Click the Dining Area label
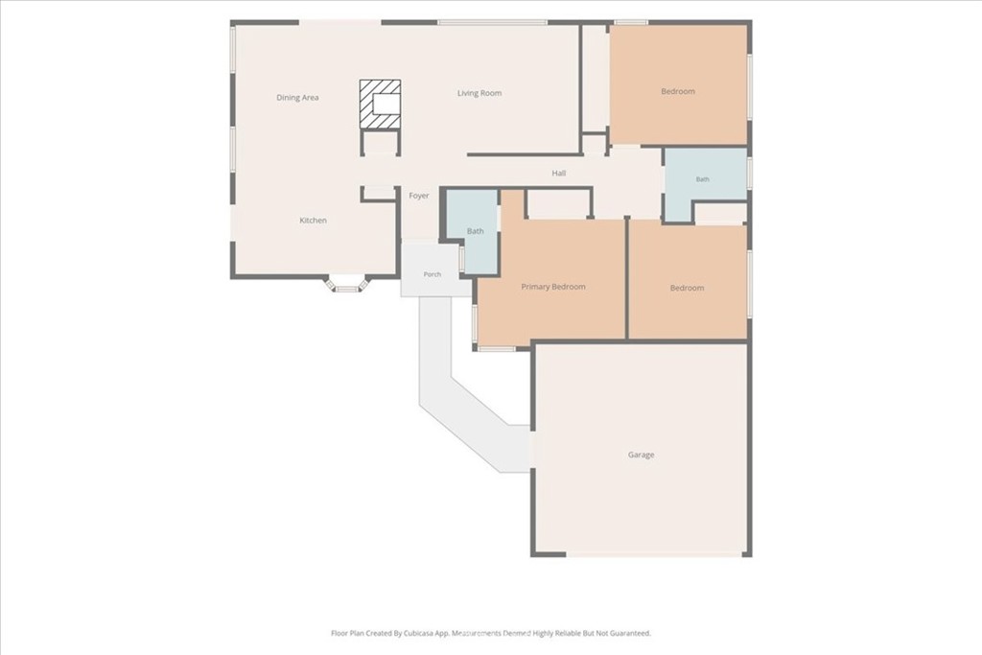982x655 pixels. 297,98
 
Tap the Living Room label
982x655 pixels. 479,93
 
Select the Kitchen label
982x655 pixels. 314,221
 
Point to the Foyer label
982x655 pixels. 419,196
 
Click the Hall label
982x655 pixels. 559,174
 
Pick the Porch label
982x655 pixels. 433,274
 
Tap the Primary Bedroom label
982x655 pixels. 553,287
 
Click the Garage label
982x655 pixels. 641,455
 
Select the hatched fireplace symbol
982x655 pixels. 380,105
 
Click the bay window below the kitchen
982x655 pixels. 346,285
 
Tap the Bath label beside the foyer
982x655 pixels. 476,231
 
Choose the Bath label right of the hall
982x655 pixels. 703,179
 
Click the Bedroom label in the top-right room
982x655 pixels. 678,91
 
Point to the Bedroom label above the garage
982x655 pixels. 687,288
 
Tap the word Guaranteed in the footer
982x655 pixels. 630,633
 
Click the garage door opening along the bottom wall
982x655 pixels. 654,554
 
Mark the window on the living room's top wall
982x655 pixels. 492,23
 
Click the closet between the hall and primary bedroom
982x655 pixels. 559,203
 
